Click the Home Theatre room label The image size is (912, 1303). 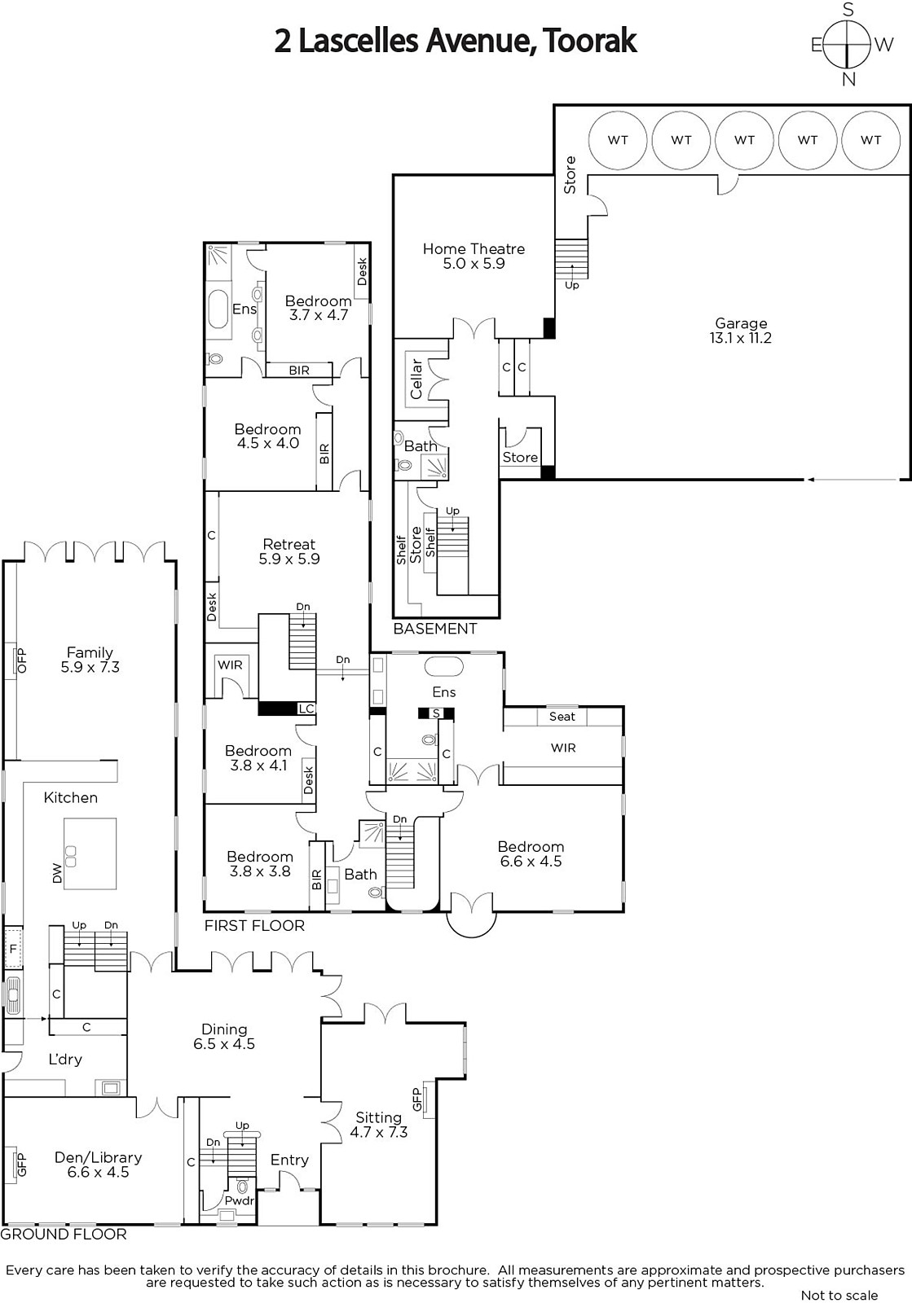point(474,256)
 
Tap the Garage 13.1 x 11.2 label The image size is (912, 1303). point(740,331)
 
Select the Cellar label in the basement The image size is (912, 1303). point(416,379)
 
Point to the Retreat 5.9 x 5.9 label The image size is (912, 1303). point(289,551)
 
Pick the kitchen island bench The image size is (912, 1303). point(90,853)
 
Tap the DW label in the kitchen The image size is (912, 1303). point(57,873)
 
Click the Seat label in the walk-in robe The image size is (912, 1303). point(562,717)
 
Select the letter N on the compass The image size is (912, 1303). point(848,79)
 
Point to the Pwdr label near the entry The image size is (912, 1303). point(240,1200)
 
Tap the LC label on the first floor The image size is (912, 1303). point(306,709)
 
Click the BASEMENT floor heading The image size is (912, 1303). point(435,629)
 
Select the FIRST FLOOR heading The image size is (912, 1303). point(254,925)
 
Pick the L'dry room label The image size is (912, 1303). point(65,1059)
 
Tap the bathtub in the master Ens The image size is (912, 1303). point(444,666)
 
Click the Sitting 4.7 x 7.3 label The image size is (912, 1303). point(379,1125)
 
